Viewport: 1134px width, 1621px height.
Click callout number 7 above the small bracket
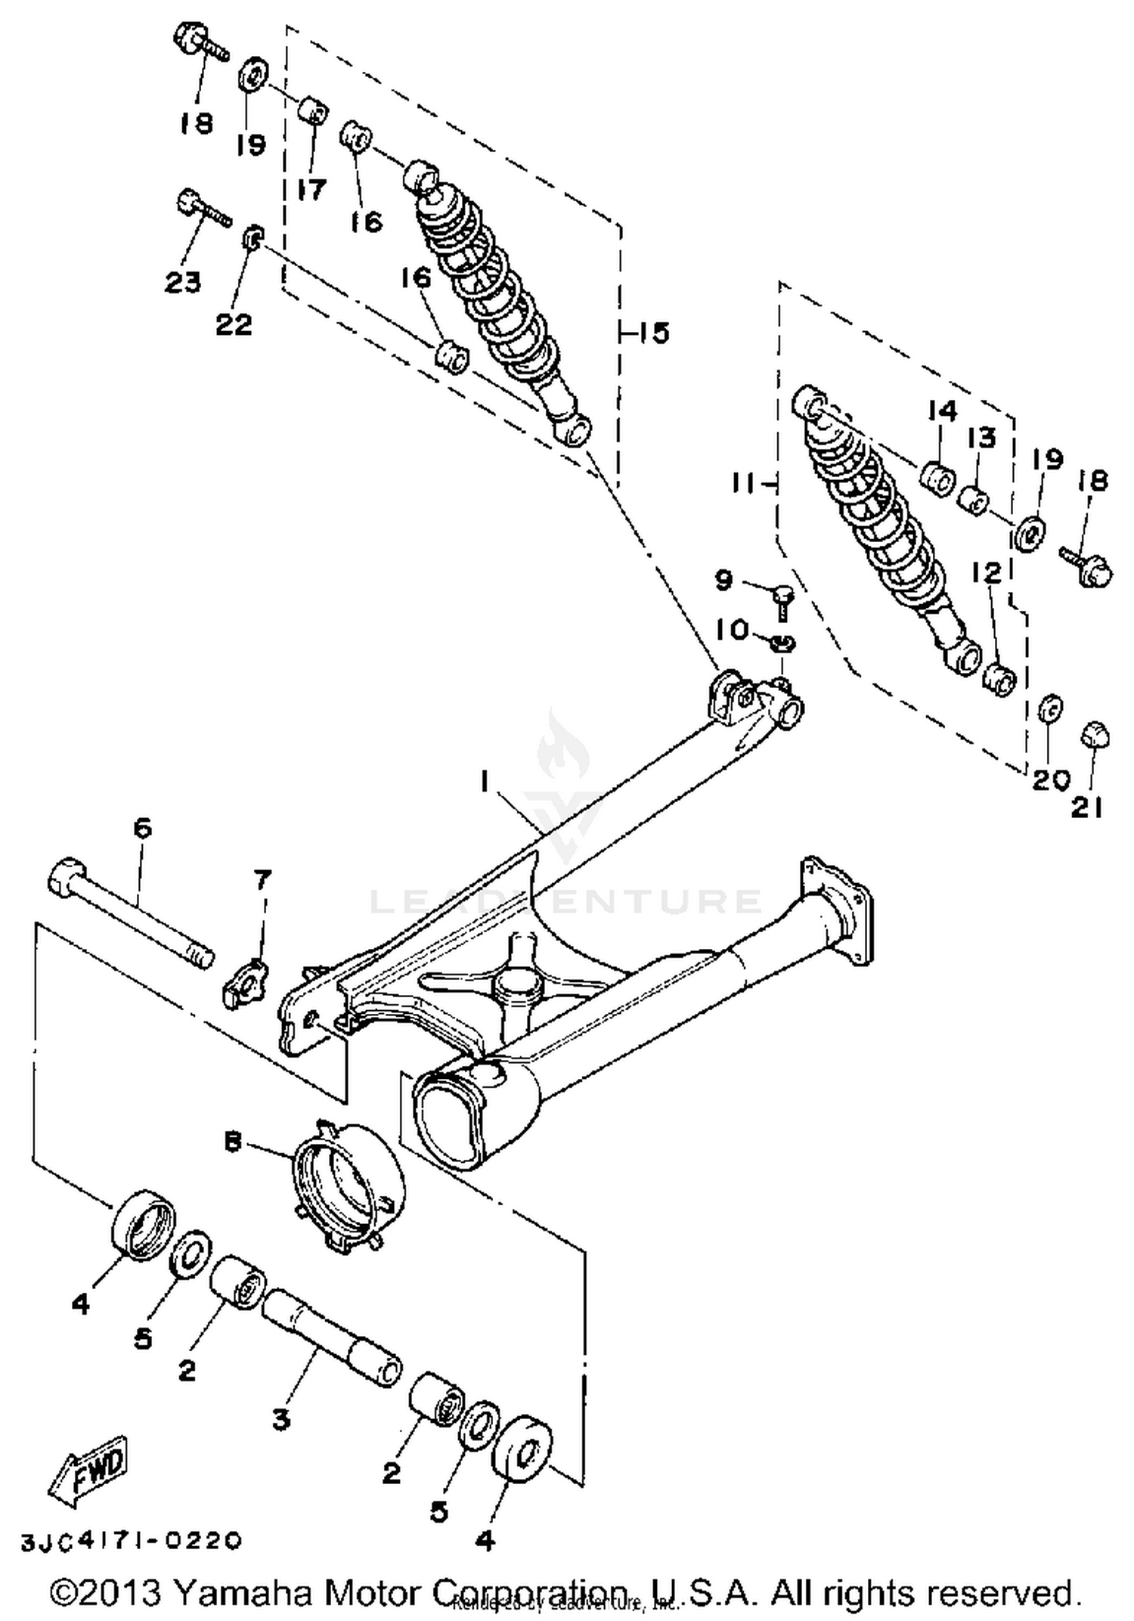coord(262,879)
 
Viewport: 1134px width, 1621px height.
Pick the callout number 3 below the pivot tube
coord(281,1420)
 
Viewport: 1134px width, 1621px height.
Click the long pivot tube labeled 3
coord(330,1338)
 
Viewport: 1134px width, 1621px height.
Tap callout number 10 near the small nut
coord(732,630)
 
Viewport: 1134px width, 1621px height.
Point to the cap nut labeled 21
coord(1094,733)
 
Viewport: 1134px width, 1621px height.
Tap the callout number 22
coord(234,324)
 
